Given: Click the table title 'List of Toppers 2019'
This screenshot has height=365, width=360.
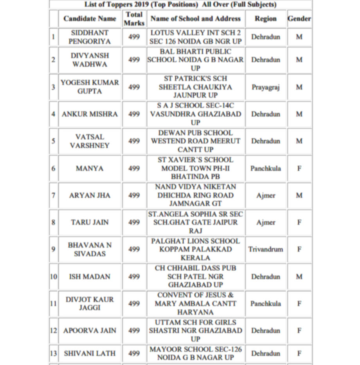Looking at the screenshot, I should click(x=180, y=5).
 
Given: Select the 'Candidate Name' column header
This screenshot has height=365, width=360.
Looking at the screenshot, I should click(x=90, y=18).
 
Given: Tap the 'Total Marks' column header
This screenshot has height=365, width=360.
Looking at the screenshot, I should click(x=134, y=18).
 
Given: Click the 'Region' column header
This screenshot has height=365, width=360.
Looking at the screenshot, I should click(x=265, y=18).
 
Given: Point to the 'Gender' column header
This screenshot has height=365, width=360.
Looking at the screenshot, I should click(x=299, y=18).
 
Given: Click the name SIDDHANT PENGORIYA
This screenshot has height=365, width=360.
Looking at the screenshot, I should click(x=90, y=37).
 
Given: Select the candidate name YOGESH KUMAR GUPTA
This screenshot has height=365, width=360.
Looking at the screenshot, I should click(x=90, y=87).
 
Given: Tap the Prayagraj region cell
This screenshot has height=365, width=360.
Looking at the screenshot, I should click(x=265, y=87).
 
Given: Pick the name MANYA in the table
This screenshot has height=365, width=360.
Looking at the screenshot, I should click(x=90, y=168).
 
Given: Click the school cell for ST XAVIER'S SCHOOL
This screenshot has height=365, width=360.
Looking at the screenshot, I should click(x=195, y=168).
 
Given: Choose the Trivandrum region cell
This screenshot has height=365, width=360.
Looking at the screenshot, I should click(x=265, y=249).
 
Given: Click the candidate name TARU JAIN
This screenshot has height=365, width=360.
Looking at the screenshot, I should click(x=90, y=222).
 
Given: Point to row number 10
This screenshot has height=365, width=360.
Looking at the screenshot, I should click(x=54, y=276).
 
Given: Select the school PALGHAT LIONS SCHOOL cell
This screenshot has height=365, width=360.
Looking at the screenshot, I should click(x=195, y=249).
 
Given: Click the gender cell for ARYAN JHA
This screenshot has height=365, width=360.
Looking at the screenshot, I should click(x=299, y=195).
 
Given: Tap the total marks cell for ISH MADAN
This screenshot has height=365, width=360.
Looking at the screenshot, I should click(x=134, y=276).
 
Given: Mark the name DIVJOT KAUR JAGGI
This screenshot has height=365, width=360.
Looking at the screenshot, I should click(x=90, y=304).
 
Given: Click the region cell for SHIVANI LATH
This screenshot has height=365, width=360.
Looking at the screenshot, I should click(x=265, y=353).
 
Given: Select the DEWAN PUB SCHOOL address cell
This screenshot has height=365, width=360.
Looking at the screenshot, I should click(x=195, y=141).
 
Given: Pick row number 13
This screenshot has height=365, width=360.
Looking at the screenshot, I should click(x=54, y=353).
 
